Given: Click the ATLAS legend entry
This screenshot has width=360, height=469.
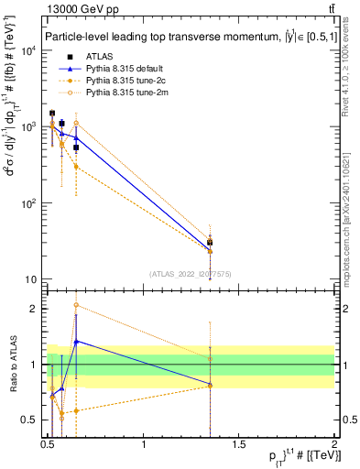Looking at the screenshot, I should pyautogui.click(x=95, y=57).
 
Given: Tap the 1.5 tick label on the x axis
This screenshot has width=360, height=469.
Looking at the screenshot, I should pyautogui.click(x=239, y=444).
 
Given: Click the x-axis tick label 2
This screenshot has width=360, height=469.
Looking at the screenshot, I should pyautogui.click(x=333, y=444).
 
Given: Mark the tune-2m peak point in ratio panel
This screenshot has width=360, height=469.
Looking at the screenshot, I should pyautogui.click(x=76, y=305).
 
